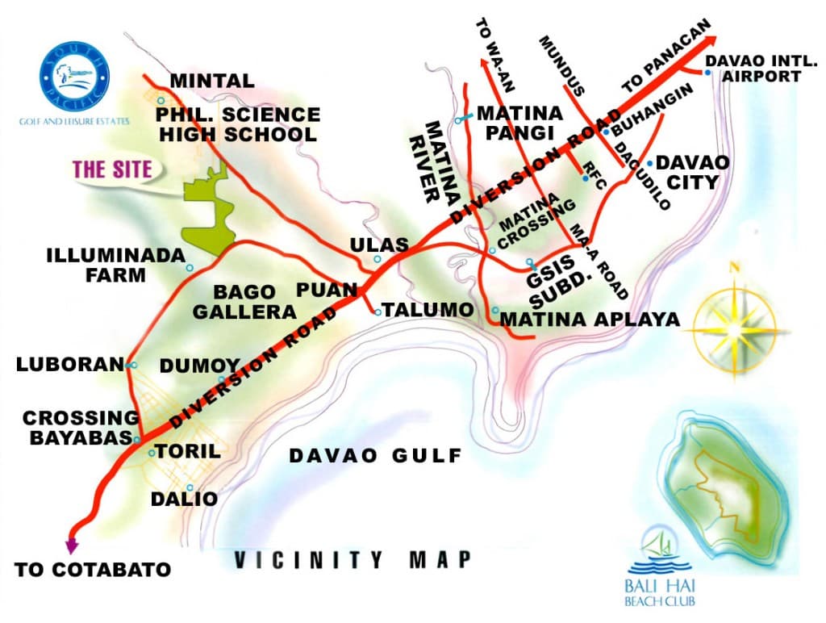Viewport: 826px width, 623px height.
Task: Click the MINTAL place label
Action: tap(212, 81)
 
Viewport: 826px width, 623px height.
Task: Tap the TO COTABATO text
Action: tap(93, 570)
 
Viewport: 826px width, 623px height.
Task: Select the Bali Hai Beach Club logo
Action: tap(663, 565)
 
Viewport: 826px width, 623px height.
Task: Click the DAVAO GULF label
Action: tap(375, 456)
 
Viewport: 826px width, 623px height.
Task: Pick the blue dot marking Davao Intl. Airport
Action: tap(707, 73)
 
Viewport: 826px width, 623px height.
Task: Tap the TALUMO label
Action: tap(428, 310)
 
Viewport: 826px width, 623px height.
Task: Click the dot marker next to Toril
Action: tap(152, 454)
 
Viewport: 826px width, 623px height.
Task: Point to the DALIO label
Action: tap(184, 500)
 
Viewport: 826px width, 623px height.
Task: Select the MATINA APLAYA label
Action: tap(590, 320)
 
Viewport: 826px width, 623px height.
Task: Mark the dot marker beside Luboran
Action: tap(133, 366)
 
